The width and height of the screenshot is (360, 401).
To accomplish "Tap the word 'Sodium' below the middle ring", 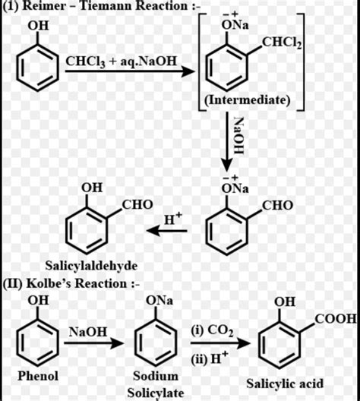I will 156,376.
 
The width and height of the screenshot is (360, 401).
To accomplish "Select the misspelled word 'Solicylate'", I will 156,391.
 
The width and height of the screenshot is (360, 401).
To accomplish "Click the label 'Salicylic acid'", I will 286,383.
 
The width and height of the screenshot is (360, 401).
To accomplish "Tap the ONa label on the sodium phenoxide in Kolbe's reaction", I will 160,302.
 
